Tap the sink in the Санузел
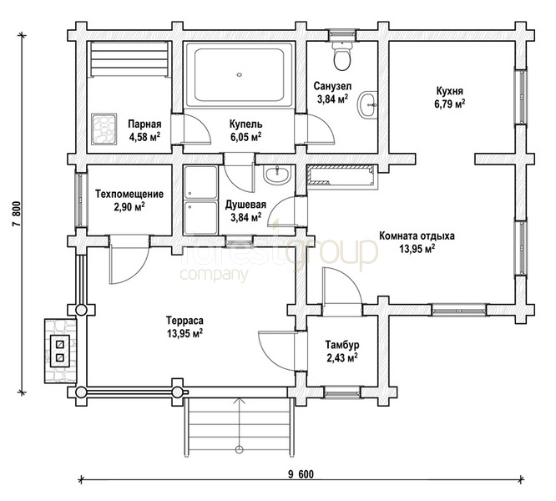368,105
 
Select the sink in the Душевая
277,175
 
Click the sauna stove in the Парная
104,129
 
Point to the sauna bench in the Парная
129,59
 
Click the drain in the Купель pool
240,75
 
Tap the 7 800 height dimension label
17,214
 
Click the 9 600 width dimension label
301,474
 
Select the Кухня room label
449,91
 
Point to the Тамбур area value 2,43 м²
342,357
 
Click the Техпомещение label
129,195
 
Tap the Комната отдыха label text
417,236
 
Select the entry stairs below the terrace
240,427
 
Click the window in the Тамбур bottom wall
341,392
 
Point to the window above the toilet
341,34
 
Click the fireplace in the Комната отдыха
341,175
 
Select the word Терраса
184,321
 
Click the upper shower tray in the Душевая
200,182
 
